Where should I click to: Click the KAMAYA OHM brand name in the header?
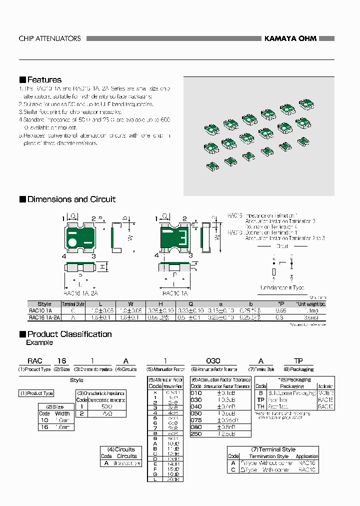coord(290,38)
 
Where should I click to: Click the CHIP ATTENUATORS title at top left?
coord(49,38)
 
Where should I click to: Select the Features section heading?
coord(44,80)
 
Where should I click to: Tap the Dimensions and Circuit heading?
coord(71,199)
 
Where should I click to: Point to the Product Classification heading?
coord(69,334)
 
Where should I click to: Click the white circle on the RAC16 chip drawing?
coord(72,243)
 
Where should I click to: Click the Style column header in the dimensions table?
coord(44,304)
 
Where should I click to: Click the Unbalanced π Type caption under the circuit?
coord(281,287)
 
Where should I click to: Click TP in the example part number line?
coord(298,360)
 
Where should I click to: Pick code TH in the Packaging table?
coord(260,406)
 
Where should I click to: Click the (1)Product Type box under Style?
coord(36,393)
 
